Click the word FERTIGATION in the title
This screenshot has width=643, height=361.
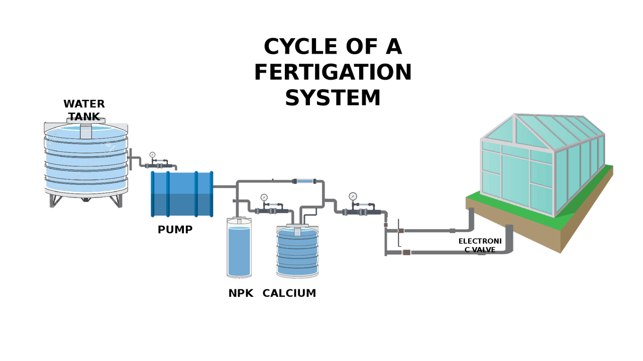point(333,72)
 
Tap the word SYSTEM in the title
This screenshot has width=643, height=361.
point(333,98)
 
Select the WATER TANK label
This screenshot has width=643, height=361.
point(84,110)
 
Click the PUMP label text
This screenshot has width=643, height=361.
point(175,230)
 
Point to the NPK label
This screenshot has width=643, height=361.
point(241,293)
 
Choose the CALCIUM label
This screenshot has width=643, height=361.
point(289,293)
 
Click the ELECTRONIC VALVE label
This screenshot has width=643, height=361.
point(480,245)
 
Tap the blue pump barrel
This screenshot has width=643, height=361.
point(182,194)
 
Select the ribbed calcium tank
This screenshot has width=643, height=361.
point(297,253)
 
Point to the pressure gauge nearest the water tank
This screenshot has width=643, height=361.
point(152,155)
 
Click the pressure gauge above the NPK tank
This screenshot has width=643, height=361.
point(264,197)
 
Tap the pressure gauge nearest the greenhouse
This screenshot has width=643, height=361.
point(353,196)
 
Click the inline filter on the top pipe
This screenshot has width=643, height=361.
point(304,181)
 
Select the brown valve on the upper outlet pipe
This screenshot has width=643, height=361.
point(401,231)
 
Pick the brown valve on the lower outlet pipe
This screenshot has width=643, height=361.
point(406,252)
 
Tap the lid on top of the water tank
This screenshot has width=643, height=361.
point(86,121)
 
